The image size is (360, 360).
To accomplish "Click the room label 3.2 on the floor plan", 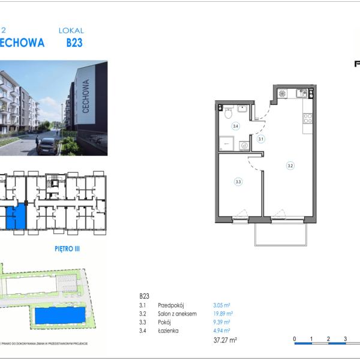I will pos(290,166).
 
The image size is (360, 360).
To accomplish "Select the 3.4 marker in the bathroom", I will pos(236,126).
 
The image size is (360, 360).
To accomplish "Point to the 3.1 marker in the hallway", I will pos(261,139).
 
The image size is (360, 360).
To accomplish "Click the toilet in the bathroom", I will pos(228,113).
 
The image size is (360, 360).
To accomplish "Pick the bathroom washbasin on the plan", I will pos(242,109).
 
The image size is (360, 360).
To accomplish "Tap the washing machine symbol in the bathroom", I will pos(245,145).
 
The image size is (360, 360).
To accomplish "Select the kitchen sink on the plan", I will pos(303,93).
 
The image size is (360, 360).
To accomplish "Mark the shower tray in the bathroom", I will pos(226,143).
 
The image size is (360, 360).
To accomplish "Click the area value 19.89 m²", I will pos(223,313).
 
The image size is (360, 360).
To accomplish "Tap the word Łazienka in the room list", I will pos(167,330).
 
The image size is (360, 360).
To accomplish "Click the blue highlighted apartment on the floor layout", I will pos(16,216).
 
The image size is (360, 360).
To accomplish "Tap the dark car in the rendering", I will pos(47,146).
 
